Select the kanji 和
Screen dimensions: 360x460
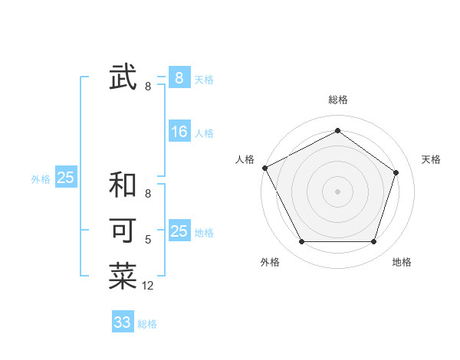[123, 186]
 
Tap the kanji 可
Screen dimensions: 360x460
[123, 230]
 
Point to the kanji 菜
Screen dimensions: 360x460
[123, 276]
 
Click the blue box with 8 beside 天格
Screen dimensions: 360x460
[179, 77]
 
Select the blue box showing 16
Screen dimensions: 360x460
[179, 132]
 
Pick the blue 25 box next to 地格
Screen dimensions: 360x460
[179, 231]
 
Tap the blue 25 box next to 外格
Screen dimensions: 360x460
[66, 178]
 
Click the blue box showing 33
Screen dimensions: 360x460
[123, 322]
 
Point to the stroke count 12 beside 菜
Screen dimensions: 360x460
[148, 286]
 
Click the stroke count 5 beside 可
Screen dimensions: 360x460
[148, 240]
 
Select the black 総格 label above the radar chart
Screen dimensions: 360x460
[338, 100]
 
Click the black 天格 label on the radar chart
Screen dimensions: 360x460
[432, 159]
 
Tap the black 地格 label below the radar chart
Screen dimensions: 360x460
[402, 263]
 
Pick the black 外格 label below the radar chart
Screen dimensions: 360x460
[270, 263]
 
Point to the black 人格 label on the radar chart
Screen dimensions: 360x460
[245, 159]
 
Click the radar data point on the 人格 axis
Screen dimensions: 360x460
[264, 168]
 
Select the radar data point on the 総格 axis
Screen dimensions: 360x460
[337, 130]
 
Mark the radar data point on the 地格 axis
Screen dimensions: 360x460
[374, 242]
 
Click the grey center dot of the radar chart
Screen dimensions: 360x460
[337, 191]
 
